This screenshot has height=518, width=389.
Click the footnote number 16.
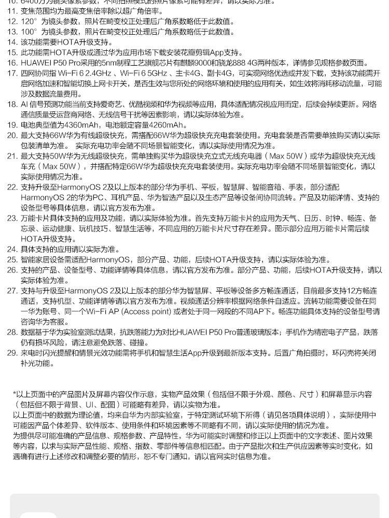click(12, 63)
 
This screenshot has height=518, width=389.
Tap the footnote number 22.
click(12, 187)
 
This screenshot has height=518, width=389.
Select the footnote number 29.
click(12, 353)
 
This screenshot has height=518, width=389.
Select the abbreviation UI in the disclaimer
click(90, 405)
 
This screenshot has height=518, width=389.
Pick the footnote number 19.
click(12, 125)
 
